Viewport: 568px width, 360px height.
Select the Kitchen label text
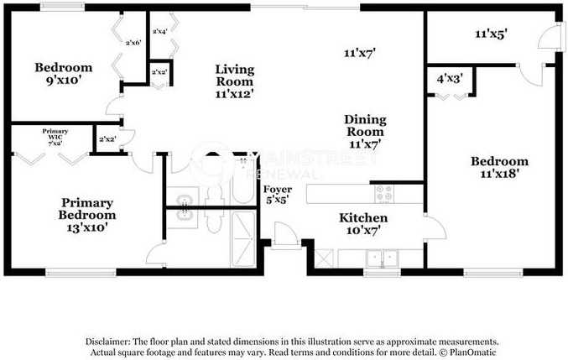click(x=362, y=218)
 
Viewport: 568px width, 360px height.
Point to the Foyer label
click(x=278, y=190)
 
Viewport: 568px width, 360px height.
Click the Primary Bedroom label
click(x=87, y=208)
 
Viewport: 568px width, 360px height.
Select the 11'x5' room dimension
click(x=492, y=35)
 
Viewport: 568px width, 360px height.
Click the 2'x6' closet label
click(x=133, y=43)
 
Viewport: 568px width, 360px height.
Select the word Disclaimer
click(x=106, y=342)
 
